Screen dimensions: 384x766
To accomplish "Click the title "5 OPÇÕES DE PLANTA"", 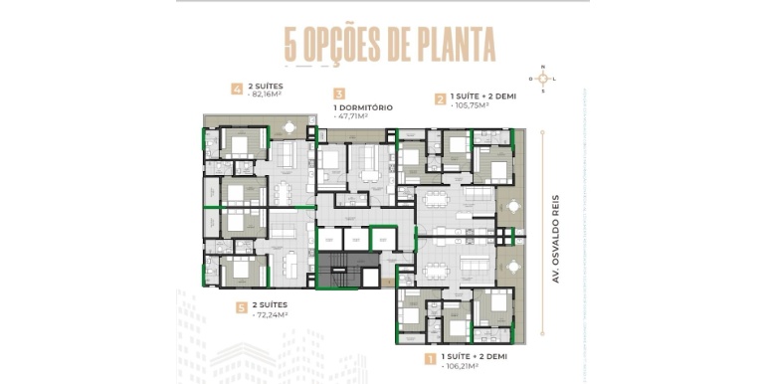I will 389,45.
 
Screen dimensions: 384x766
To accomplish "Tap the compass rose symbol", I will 543,79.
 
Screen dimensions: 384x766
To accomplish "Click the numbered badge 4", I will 237,89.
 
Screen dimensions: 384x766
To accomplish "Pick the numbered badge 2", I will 440,97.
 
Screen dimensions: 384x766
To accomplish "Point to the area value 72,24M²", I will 273,314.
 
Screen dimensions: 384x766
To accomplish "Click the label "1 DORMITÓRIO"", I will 363,106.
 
